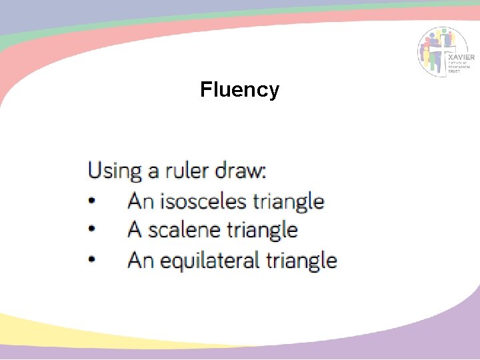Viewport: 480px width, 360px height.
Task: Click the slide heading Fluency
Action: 239,89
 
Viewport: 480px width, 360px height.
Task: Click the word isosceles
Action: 204,201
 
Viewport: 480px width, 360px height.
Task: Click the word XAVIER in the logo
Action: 463,58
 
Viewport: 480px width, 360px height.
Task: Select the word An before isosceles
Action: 140,201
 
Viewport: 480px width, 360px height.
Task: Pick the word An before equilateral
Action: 140,259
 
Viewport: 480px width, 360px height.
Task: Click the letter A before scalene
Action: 135,230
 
